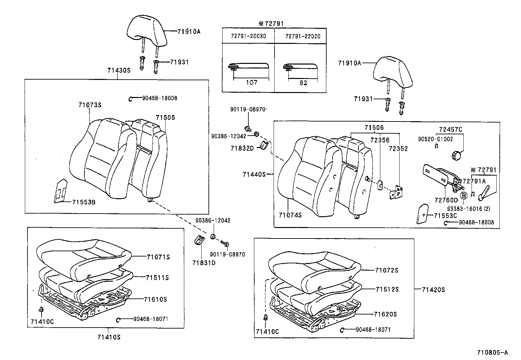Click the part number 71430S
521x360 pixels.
(118, 70)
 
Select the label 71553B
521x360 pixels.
(84, 202)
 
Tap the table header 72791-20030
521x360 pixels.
(248, 36)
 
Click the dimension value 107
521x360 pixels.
(251, 83)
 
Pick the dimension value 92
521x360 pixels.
(303, 83)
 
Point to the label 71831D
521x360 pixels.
(204, 262)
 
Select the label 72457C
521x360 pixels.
(451, 130)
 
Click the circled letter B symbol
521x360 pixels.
(464, 196)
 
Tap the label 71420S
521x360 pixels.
(433, 290)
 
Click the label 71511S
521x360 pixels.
(157, 277)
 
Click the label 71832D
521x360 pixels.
(242, 148)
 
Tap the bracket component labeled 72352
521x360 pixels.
(396, 193)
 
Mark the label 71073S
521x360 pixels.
(90, 105)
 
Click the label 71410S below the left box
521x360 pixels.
(109, 337)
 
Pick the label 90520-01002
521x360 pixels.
(435, 139)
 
